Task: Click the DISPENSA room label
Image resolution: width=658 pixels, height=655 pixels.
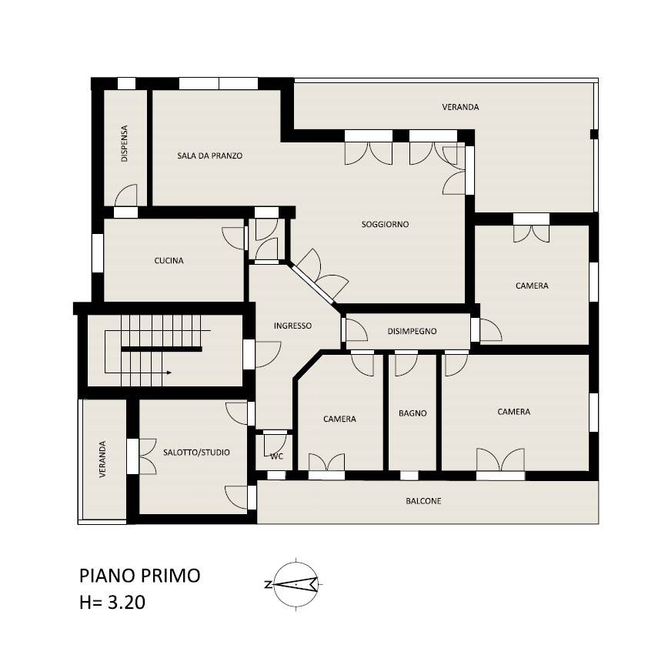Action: pyautogui.click(x=124, y=143)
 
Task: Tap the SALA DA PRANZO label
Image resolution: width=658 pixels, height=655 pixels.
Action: pyautogui.click(x=210, y=155)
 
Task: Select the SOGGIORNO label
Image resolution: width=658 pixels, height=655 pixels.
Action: pyautogui.click(x=386, y=224)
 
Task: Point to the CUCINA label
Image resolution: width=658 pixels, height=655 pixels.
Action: pyautogui.click(x=169, y=261)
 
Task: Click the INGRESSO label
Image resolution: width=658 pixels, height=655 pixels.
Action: pyautogui.click(x=293, y=326)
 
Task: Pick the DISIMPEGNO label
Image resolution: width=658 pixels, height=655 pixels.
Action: pyautogui.click(x=412, y=331)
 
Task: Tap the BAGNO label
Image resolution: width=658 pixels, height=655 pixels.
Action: pyautogui.click(x=413, y=413)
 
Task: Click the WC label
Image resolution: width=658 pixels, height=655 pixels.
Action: pyautogui.click(x=276, y=456)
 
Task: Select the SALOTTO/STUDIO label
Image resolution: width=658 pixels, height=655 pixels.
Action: pyautogui.click(x=196, y=453)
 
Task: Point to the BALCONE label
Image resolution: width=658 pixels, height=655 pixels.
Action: pyautogui.click(x=423, y=501)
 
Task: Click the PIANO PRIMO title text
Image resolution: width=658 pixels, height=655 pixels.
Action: pyautogui.click(x=140, y=576)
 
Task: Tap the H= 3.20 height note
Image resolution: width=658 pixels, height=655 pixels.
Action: pyautogui.click(x=112, y=603)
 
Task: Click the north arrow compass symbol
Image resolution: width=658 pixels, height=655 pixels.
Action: pyautogui.click(x=296, y=583)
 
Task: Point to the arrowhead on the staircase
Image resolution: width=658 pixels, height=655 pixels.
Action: pyautogui.click(x=169, y=373)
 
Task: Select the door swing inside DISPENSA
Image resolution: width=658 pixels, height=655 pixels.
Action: pyautogui.click(x=126, y=195)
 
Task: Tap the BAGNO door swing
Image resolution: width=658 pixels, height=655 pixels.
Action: pyautogui.click(x=406, y=365)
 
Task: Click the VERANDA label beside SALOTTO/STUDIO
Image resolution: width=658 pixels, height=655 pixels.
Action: pyautogui.click(x=102, y=459)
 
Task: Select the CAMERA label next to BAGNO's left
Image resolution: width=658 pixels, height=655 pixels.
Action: pyautogui.click(x=339, y=419)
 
